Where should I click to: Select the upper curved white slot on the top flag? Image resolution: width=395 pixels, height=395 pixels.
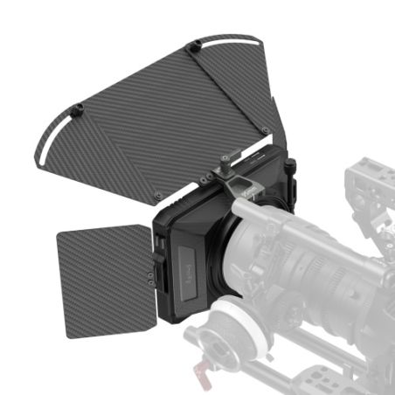tap(229, 39)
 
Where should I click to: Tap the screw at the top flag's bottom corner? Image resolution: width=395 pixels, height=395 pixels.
tap(157, 194)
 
